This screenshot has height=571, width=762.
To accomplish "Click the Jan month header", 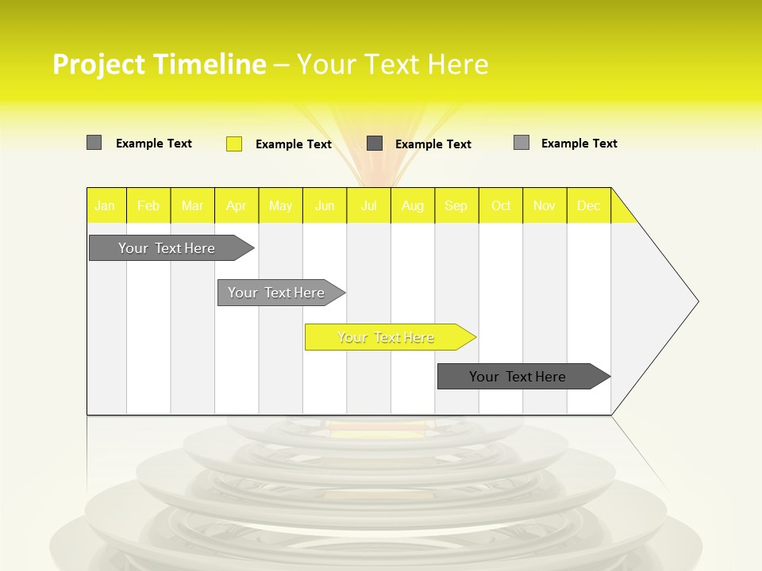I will coord(105,206).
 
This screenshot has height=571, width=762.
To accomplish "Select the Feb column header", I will coord(148,206).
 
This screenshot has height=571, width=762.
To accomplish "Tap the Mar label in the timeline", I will coord(192,206).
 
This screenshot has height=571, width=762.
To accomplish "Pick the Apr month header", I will coord(237,206).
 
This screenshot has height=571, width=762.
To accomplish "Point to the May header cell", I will coord(280,206).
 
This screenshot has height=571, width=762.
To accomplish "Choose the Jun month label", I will coord(325,206).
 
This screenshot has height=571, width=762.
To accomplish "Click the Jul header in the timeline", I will coord(369,206).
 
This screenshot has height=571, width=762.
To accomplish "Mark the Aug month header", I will coord(413,206).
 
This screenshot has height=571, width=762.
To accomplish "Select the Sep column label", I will coord(456,206).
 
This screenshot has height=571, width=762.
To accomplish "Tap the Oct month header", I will coord(501,206).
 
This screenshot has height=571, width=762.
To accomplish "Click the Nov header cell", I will coord(545,206).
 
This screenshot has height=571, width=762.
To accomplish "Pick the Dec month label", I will coord(589,206).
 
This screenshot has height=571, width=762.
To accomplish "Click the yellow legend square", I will coord(234,144).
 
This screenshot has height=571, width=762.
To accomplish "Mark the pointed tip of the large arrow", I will coord(697,301).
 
